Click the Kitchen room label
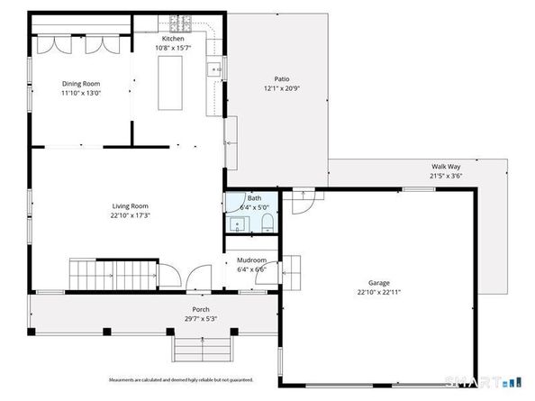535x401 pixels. pos(174,39)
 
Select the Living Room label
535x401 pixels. pos(130,205)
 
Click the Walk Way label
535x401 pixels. pos(446,167)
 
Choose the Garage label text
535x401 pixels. pos(377,282)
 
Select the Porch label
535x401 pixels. pos(200,308)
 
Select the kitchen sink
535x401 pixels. pos(216,68)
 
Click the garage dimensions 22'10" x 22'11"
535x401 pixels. pos(377,292)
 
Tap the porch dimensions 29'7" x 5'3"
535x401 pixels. pos(200,318)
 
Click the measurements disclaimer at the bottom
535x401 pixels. pos(180,379)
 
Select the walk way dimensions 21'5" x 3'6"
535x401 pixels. pos(446,177)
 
